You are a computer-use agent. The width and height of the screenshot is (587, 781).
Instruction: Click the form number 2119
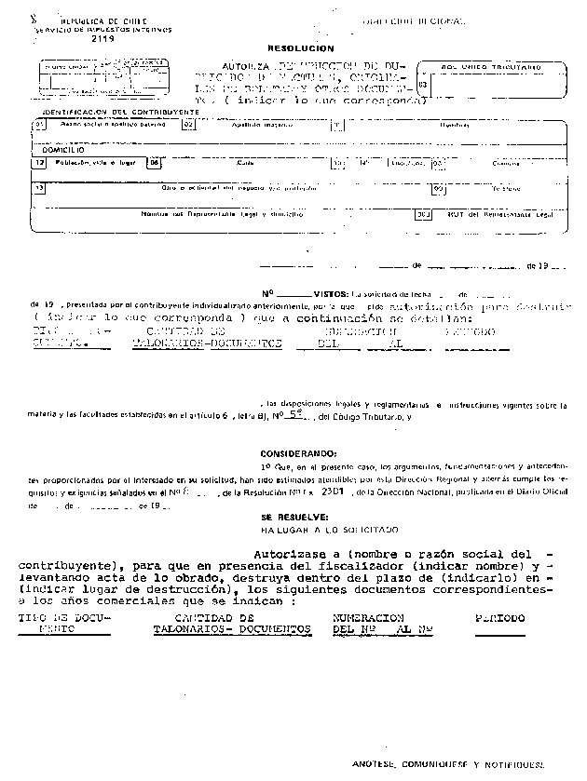tap(102, 40)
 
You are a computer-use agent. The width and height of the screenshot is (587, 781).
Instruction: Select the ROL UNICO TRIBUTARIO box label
tap(491, 67)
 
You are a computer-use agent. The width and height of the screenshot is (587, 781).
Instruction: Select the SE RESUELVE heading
tap(293, 516)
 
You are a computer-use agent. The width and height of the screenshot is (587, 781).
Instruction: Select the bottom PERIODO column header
tap(499, 618)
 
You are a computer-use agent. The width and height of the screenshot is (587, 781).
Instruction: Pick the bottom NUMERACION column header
tap(368, 618)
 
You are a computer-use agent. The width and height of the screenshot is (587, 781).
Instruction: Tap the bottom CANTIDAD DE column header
tap(214, 618)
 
